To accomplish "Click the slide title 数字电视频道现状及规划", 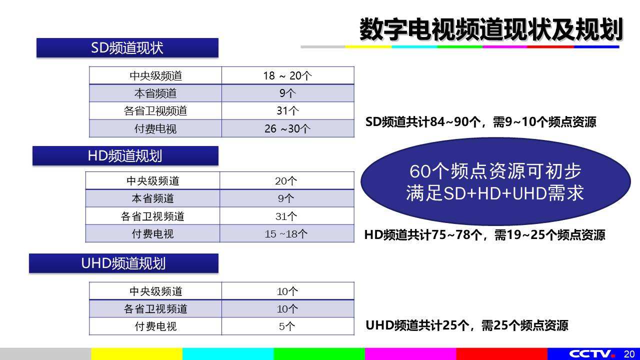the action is click(491, 29).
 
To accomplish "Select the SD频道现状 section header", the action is click(127, 47).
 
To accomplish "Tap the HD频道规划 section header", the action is click(125, 155).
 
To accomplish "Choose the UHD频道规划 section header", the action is click(123, 263).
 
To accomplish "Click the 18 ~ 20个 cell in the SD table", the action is click(287, 75).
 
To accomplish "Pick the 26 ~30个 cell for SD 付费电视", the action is click(287, 128).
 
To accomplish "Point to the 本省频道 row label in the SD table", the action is click(155, 93).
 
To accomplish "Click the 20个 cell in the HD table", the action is click(287, 181).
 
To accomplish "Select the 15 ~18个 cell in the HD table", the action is click(287, 233).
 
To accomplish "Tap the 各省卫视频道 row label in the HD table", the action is click(152, 216).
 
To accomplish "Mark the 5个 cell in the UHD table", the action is click(287, 326).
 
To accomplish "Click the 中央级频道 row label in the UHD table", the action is click(155, 291).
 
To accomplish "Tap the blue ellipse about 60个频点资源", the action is click(495, 181).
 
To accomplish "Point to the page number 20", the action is click(629, 354).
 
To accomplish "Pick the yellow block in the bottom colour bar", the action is click(137, 354).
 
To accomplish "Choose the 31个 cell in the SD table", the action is click(287, 111).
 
